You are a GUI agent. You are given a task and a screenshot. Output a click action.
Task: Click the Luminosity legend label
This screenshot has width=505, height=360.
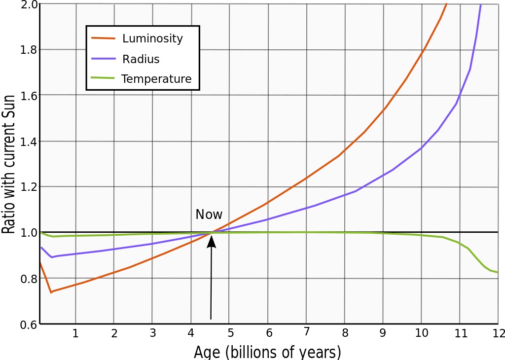pyautogui.click(x=152, y=39)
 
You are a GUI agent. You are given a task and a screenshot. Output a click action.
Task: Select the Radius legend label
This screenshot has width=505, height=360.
pyautogui.click(x=141, y=59)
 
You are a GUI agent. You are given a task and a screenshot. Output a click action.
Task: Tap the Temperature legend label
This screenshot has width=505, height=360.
pyautogui.click(x=156, y=79)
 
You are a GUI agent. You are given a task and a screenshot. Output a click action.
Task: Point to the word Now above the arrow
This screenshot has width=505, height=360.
pyautogui.click(x=209, y=215)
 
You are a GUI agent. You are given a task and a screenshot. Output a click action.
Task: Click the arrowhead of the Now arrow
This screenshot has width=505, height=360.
pyautogui.click(x=212, y=240)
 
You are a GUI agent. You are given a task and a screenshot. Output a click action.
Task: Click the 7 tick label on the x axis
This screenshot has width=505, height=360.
pyautogui.click(x=306, y=332)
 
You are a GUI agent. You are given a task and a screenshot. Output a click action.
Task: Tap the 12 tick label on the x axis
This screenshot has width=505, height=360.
pyautogui.click(x=498, y=333)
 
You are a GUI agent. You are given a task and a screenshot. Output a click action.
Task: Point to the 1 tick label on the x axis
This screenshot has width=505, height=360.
pyautogui.click(x=75, y=333)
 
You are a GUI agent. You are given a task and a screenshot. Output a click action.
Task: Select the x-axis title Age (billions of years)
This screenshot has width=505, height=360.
pyautogui.click(x=267, y=352)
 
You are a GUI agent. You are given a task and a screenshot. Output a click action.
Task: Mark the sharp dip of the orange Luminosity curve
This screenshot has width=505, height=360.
pyautogui.click(x=51, y=292)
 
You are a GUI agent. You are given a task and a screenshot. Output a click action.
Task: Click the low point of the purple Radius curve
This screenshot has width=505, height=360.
pyautogui.click(x=51, y=257)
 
